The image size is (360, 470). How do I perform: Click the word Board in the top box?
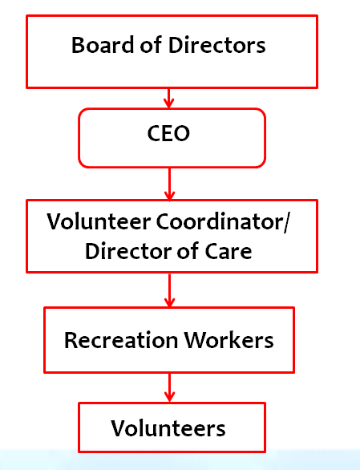tap(102, 45)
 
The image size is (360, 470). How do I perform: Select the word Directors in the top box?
tap(217, 45)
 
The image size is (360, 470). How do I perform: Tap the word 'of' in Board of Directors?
tap(151, 45)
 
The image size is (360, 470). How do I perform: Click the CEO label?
tap(168, 133)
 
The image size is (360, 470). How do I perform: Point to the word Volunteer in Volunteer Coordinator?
tap(99, 222)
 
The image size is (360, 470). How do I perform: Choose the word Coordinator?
tap(219, 222)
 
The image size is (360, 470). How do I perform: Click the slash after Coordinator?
tap(286, 222)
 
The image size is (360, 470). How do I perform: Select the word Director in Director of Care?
tap(128, 250)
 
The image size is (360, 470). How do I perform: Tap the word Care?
tap(229, 251)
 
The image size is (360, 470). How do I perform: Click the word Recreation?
tap(121, 340)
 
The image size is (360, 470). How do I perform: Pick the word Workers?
tap(229, 340)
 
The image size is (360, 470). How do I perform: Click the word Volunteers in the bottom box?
tap(168, 428)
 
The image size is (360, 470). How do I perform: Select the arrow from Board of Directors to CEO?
tap(168, 99)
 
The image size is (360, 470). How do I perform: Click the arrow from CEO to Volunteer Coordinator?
tap(170, 184)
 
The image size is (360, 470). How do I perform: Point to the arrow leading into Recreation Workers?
tap(170, 290)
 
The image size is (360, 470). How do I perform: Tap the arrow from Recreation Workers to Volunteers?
tap(170, 388)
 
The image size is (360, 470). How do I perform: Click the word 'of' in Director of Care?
tap(188, 250)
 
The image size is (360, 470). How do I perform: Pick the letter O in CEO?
tap(181, 134)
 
